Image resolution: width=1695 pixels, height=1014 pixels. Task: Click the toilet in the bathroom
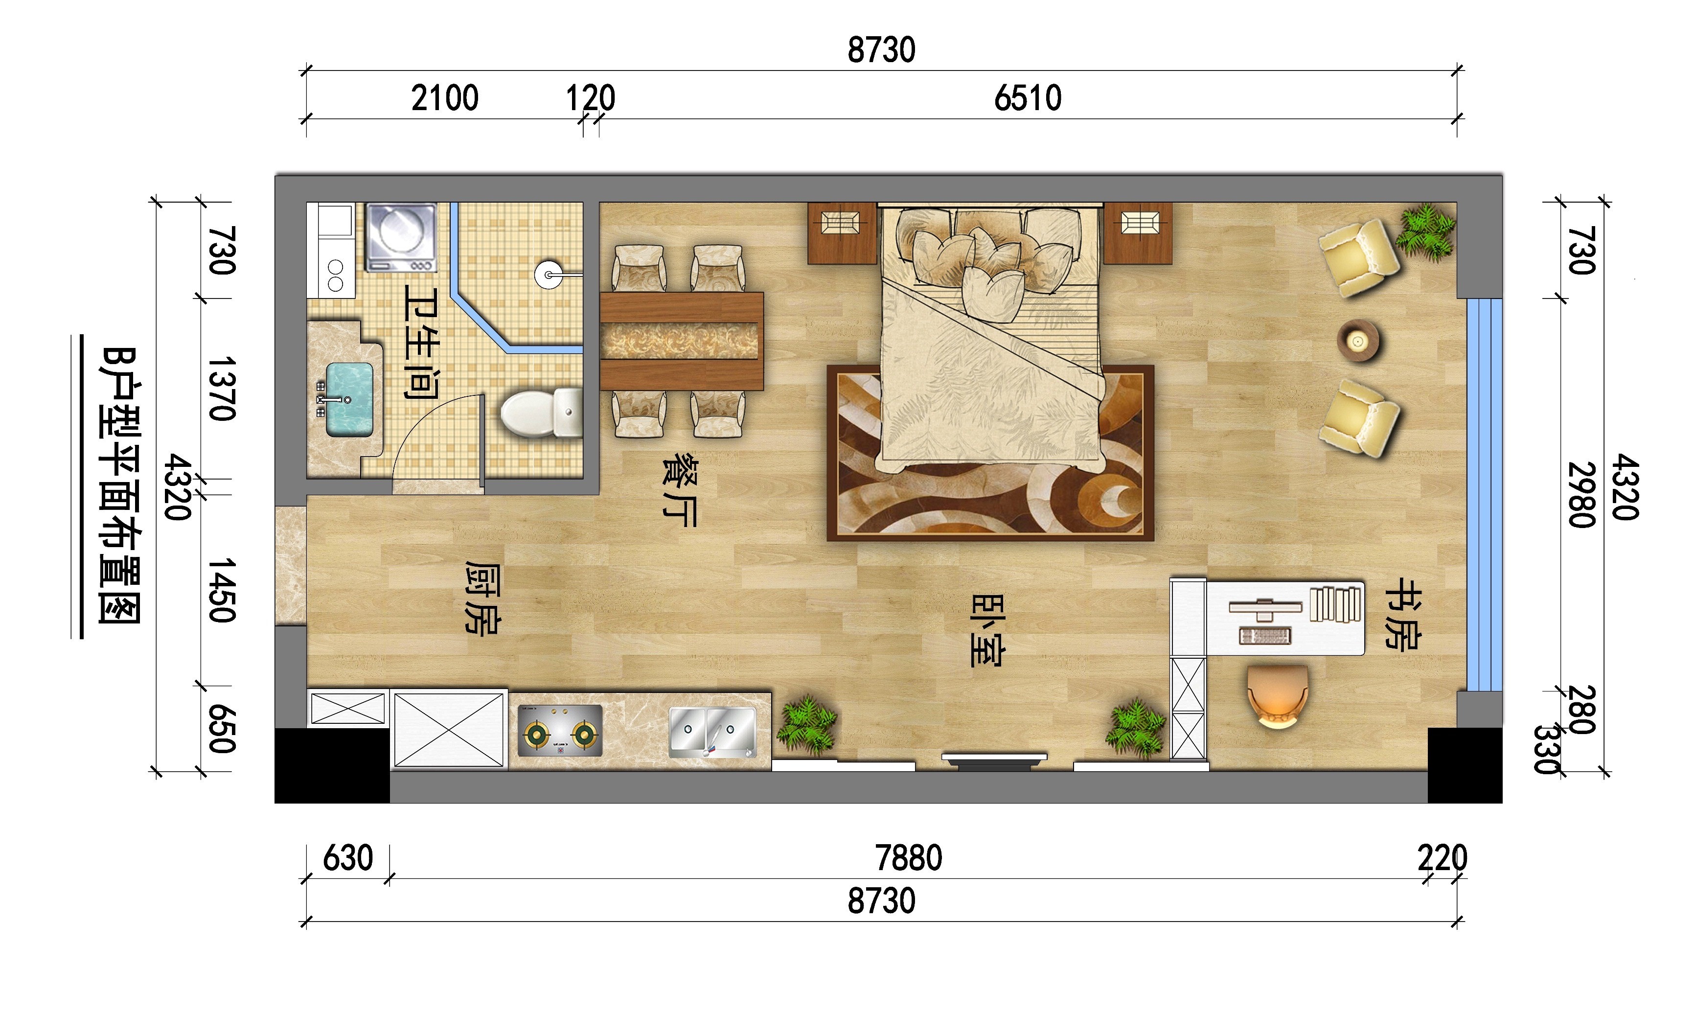541,412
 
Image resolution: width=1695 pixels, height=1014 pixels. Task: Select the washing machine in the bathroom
401,236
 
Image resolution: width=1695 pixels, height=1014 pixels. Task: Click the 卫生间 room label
421,342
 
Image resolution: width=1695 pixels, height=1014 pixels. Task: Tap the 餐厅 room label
680,489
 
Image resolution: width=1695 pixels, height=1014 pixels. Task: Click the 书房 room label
1402,614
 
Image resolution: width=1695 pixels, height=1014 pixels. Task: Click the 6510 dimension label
1028,98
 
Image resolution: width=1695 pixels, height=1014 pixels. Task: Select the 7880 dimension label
909,858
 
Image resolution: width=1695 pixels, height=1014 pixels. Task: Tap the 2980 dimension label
1581,495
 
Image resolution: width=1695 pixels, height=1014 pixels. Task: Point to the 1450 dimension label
222,590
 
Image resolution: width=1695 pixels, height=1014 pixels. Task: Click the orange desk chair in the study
1278,696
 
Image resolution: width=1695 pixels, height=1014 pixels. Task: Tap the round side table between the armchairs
1357,340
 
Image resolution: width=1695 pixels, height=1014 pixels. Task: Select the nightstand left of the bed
842,233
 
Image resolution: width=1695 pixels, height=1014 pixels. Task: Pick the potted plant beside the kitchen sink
810,724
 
